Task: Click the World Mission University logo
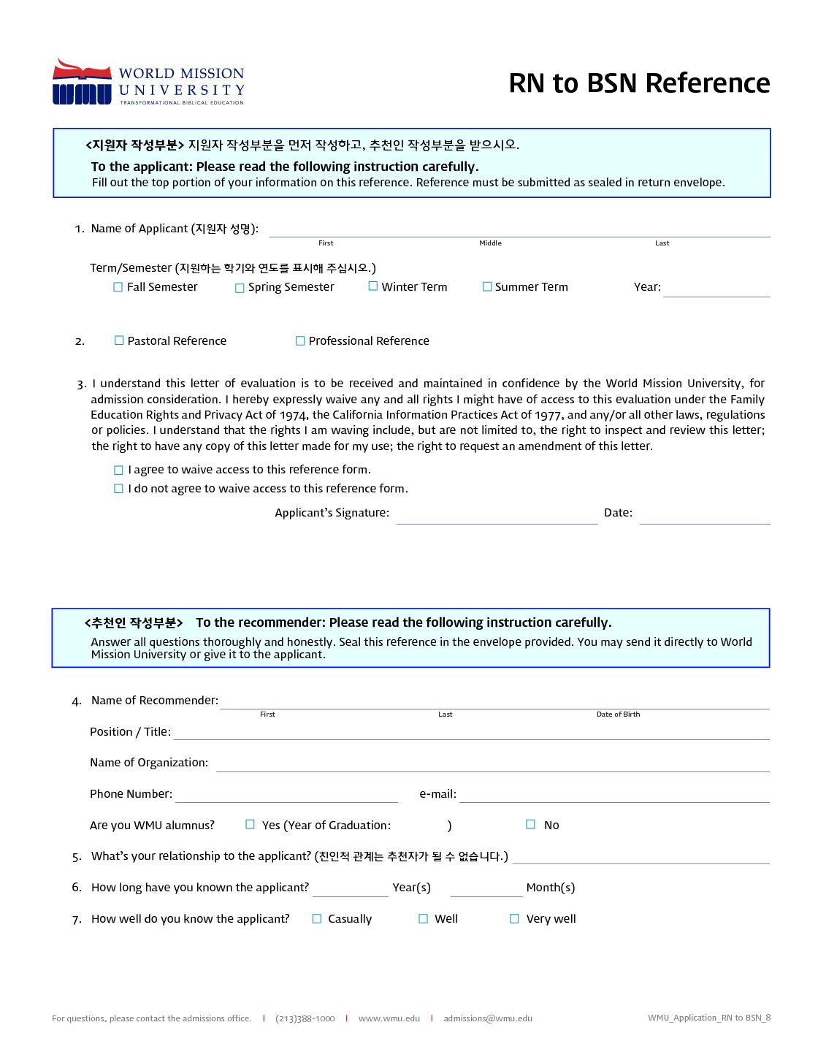coord(148,82)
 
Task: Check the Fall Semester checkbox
coord(118,287)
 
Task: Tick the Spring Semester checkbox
coord(240,288)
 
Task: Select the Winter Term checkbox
coord(373,286)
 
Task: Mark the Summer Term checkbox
coord(487,286)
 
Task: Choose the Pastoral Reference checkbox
coord(119,340)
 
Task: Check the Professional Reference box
coord(300,340)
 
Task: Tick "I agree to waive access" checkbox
coord(118,470)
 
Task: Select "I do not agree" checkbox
coord(118,489)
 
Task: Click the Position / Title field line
coord(471,733)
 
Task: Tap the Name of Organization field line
coord(492,765)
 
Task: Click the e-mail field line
coord(613,796)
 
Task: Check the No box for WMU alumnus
coord(531,824)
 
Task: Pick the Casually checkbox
coord(317,919)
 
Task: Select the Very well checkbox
coord(514,919)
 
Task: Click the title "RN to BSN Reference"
coord(639,83)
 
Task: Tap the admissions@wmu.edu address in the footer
coord(488,1018)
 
